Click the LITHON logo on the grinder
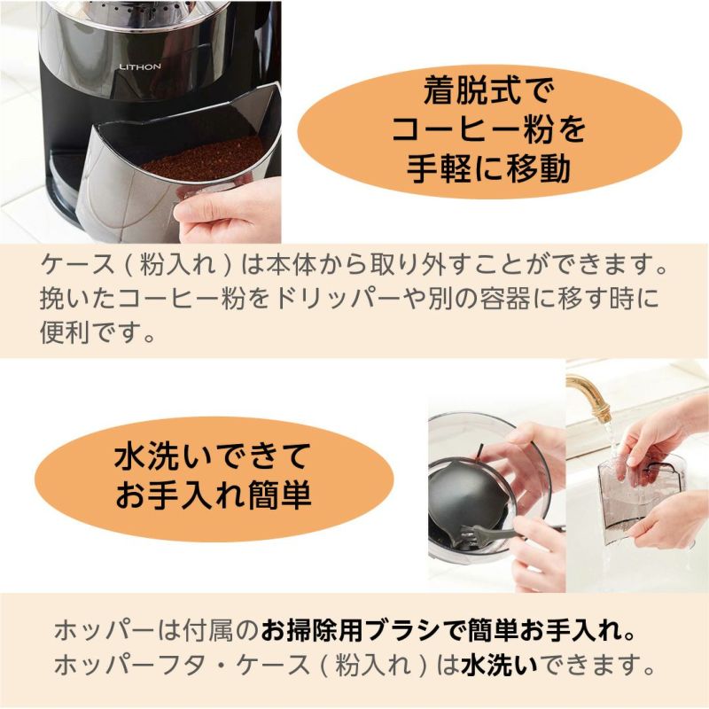click(140, 67)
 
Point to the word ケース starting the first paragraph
click(77, 264)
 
